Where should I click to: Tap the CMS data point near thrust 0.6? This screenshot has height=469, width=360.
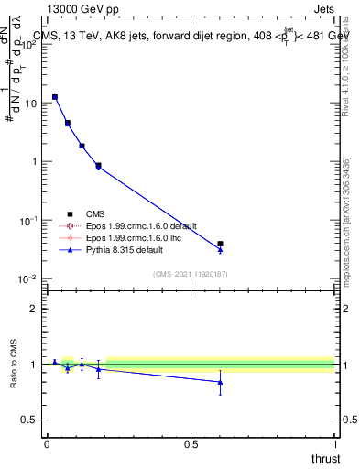point(220,244)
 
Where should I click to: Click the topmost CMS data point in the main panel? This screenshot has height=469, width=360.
point(54,96)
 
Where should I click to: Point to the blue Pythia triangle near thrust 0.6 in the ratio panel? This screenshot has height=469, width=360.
point(220,382)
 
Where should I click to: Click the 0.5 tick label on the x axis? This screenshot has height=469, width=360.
point(191,443)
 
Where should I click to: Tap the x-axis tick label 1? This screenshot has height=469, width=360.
point(333,443)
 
